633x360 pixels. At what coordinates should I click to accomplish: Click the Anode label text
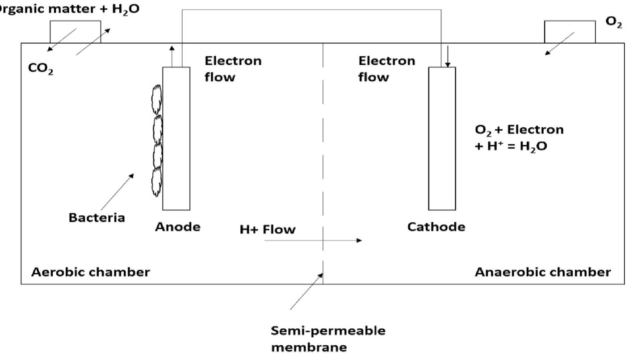pos(178,227)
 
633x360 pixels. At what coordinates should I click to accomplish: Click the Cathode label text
pos(436,227)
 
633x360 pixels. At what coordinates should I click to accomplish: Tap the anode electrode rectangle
pos(176,138)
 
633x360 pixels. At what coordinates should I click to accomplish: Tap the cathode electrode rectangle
pos(442,138)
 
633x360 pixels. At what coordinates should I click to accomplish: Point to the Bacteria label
pos(97,218)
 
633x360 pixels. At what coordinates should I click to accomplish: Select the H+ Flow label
pos(268,230)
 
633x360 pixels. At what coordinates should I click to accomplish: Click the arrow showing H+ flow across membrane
pos(313,241)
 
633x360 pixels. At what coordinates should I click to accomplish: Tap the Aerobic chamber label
pos(90,272)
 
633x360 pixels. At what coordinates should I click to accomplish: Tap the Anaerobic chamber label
pos(542,272)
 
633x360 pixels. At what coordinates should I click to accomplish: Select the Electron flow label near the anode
pos(233,69)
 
